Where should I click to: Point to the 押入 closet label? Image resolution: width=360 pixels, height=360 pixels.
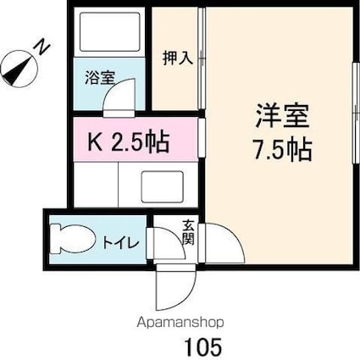point(179,58)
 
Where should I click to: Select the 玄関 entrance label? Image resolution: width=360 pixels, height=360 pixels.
point(187,231)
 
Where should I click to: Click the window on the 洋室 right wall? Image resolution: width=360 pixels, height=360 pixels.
point(352,114)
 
